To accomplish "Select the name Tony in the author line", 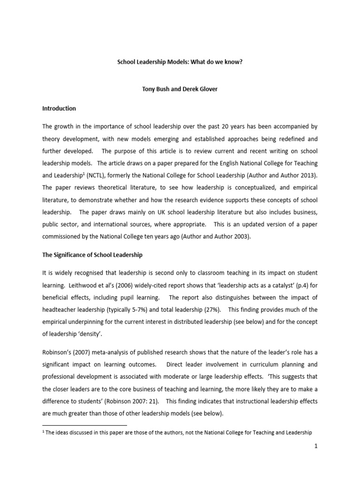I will coord(150,90).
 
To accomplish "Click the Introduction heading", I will coord(59,108).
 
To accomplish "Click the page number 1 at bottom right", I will coord(316,446).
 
